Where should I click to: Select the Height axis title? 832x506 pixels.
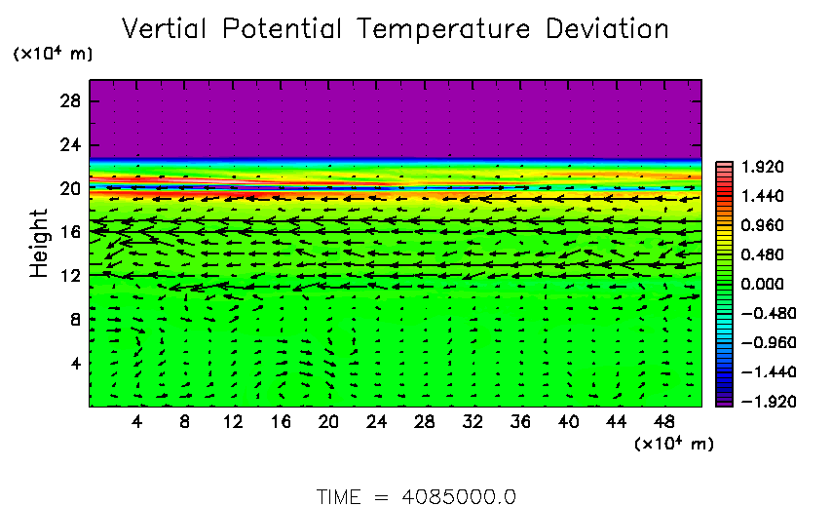(39, 243)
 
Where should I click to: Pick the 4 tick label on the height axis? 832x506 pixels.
(76, 363)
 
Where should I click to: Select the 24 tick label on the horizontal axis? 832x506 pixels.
(376, 421)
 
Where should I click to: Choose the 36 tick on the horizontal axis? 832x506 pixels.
(520, 421)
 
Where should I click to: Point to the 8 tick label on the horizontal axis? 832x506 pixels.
(184, 421)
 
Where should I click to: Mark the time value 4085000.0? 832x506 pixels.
(459, 496)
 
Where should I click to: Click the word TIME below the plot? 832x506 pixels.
(340, 496)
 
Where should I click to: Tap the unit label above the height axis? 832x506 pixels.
(53, 55)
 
